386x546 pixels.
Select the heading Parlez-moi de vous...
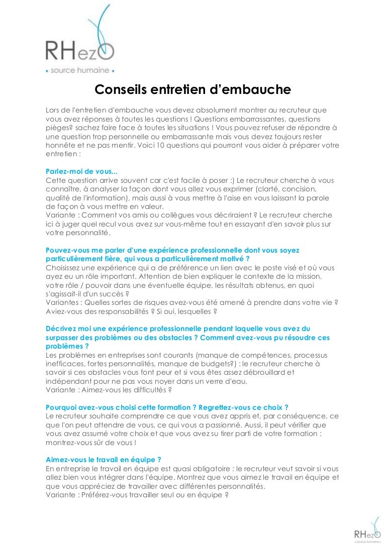tap(81, 171)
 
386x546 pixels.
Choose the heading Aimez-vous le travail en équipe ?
tap(103, 460)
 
